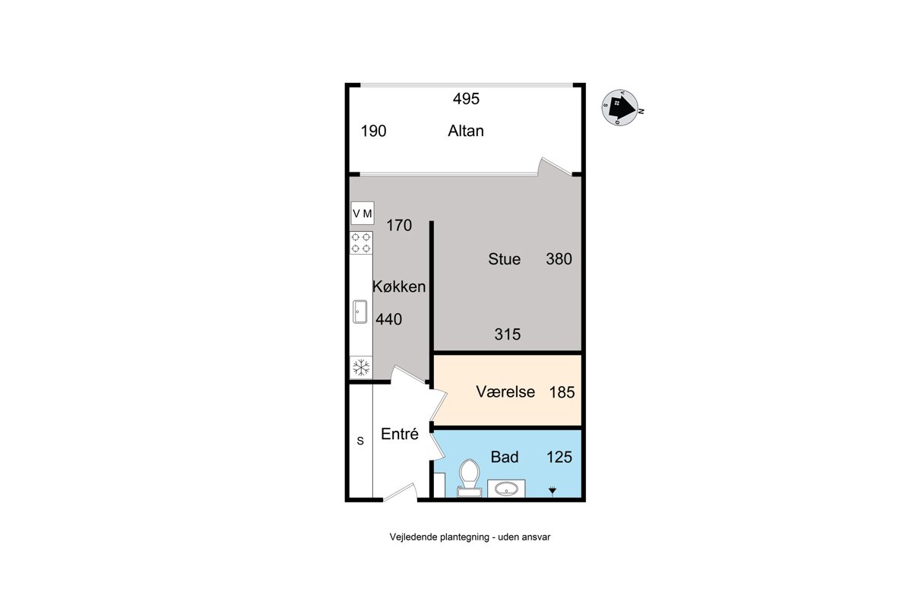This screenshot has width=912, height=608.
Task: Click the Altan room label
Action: pos(466,131)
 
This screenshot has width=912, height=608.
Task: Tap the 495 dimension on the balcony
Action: pos(466,99)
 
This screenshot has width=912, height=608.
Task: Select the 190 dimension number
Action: pos(373,131)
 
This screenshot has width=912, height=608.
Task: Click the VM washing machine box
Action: pos(363,213)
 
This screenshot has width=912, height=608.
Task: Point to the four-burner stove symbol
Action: pos(361,242)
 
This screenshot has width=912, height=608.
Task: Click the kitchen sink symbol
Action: pos(360,312)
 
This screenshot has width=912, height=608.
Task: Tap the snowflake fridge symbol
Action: pos(361,367)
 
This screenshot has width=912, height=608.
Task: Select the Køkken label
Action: pos(399,287)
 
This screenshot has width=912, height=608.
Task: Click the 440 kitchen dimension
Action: pos(389,319)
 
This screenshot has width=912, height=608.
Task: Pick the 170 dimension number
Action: pos(399,225)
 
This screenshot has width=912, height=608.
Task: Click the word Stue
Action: pos(504,259)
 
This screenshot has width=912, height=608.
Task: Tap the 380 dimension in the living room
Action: pos(559,259)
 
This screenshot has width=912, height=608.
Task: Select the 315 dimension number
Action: pos(508,334)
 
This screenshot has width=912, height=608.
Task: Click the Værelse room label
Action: pos(505,391)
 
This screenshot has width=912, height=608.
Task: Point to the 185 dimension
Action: pos(562,392)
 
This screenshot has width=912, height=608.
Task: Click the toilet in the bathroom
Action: pos(469,478)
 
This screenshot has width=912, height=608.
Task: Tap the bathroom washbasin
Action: pos(506,488)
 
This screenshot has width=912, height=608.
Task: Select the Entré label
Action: pos(400,434)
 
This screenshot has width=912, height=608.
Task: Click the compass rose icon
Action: pos(620,107)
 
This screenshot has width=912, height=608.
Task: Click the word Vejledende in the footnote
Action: pos(413,537)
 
